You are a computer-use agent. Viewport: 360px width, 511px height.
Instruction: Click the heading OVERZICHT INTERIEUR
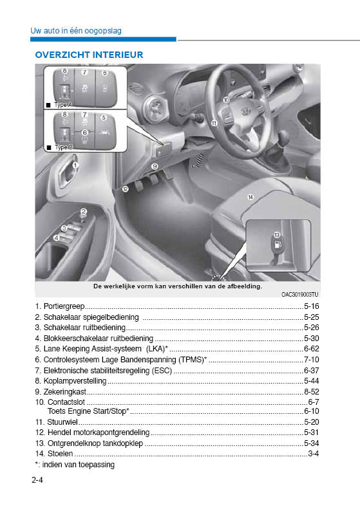point(89,55)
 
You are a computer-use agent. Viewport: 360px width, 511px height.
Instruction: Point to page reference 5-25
point(312,317)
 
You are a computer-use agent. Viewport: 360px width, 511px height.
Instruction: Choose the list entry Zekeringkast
point(64,391)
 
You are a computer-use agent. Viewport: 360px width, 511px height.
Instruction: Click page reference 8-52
point(312,391)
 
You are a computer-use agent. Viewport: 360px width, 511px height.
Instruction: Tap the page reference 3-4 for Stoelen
point(314,454)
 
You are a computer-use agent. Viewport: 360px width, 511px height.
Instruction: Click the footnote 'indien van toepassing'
point(78,464)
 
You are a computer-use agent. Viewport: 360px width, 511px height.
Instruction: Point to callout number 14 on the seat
point(250,196)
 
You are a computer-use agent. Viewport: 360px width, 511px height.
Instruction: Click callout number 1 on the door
point(75,165)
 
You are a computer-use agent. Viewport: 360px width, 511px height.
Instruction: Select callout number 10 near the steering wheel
point(226,100)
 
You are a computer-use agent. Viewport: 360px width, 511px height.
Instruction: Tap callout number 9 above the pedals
point(155,167)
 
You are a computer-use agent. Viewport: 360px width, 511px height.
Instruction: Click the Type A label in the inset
point(63,104)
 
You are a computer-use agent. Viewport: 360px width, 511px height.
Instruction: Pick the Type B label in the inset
point(63,147)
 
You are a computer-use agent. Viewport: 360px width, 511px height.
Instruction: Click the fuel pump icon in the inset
point(277,245)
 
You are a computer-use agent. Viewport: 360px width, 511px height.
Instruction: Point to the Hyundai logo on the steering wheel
point(246,111)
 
